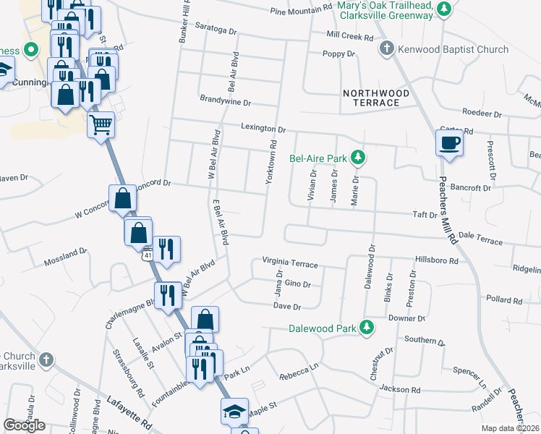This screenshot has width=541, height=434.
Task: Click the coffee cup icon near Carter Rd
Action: [x=449, y=142]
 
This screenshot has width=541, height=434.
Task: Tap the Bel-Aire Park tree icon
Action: [x=357, y=157]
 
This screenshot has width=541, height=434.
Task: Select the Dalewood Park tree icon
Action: [x=367, y=328]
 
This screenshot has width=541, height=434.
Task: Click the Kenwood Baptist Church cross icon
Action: [x=387, y=49]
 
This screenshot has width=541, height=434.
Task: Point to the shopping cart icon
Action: [x=101, y=124]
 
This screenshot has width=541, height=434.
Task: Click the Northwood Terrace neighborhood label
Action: [x=376, y=98]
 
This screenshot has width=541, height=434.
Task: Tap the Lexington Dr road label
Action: [x=264, y=129]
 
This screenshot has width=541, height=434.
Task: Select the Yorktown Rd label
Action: [x=272, y=161]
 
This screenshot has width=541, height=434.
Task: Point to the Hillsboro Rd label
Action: [x=437, y=260]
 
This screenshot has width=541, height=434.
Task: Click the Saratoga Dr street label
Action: [x=216, y=31]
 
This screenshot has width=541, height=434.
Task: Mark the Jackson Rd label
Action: [x=400, y=388]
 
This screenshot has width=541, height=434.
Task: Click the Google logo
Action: [x=24, y=426]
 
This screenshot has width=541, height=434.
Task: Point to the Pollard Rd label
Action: [x=504, y=299]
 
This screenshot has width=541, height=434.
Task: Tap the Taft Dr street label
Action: [x=425, y=215]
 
